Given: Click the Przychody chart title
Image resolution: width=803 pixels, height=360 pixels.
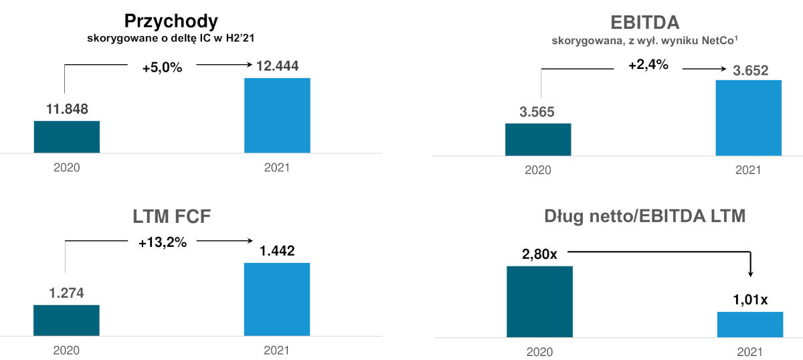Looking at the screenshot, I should pyautogui.click(x=171, y=21).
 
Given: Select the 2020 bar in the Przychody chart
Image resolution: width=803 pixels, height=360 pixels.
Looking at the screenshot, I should pyautogui.click(x=67, y=137).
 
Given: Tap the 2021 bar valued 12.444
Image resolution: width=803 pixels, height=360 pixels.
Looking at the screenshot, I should pyautogui.click(x=277, y=115).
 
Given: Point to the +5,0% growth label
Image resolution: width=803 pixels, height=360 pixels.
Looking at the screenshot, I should pyautogui.click(x=162, y=68).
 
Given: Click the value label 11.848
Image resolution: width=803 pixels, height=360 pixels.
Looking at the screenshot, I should pyautogui.click(x=67, y=109).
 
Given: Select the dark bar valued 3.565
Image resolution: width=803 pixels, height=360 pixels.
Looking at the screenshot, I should pyautogui.click(x=538, y=139).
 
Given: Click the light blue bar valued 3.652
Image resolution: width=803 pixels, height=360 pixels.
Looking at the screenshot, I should pyautogui.click(x=749, y=118).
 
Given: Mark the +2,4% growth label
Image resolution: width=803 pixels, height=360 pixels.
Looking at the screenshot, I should pyautogui.click(x=648, y=66).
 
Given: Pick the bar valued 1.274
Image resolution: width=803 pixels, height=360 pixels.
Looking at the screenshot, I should pyautogui.click(x=66, y=320).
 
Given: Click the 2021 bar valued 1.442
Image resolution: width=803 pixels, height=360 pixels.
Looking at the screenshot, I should pyautogui.click(x=277, y=299).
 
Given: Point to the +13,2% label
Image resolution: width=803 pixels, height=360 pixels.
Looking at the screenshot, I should pyautogui.click(x=162, y=242).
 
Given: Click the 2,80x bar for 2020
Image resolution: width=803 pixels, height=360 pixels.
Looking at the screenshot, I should pyautogui.click(x=540, y=301).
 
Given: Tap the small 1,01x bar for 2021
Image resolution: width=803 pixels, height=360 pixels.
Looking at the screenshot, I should pyautogui.click(x=750, y=324).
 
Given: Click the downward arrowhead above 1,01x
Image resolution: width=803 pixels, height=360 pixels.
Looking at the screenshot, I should pyautogui.click(x=750, y=274).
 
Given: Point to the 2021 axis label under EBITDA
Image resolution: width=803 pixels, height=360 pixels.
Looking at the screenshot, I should pyautogui.click(x=748, y=170).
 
